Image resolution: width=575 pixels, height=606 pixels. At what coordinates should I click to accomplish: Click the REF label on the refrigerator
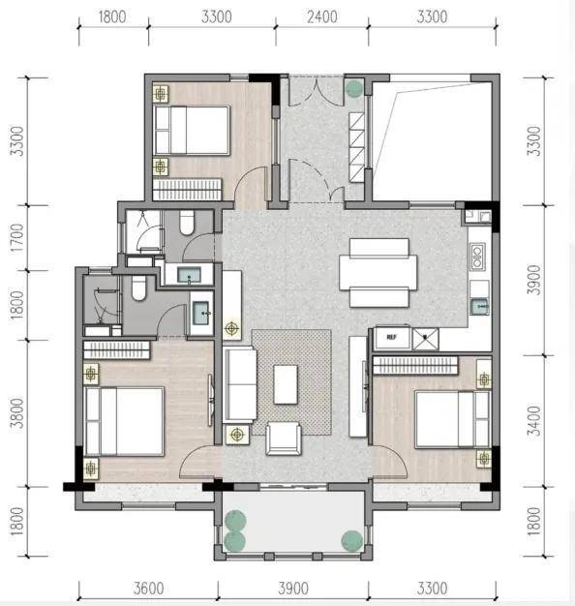pos(391,337)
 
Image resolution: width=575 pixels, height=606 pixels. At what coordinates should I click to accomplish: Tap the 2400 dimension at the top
pos(322,17)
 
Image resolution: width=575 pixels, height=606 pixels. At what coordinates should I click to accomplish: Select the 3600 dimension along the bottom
pos(148,589)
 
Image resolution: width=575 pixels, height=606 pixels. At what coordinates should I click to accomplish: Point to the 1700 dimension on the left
pos(17,238)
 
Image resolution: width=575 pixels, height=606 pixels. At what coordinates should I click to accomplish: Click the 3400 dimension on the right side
pos(534,421)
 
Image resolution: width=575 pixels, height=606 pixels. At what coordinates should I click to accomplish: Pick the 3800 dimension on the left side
pos(17,413)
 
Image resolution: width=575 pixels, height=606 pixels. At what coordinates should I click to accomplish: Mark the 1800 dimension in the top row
pos(112,17)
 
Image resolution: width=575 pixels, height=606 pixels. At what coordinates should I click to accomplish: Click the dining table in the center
pos(378,272)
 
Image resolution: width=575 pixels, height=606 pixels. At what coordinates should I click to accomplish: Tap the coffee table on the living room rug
pos(286,384)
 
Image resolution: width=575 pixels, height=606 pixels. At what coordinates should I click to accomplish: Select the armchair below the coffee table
pos(284,439)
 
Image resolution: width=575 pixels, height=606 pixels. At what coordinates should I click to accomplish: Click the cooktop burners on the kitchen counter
pos(477,257)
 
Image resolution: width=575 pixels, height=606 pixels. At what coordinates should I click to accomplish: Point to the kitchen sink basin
pos(479,307)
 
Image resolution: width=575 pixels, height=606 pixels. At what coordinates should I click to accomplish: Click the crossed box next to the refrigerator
pos(426,339)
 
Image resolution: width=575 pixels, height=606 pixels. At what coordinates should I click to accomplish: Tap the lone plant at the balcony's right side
pos(352,541)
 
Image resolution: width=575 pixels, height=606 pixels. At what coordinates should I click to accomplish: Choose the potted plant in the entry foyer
pos(354,89)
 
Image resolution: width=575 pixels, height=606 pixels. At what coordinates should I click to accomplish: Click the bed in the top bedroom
pos(192,131)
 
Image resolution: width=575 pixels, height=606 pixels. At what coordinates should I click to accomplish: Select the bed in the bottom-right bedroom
pos(453,419)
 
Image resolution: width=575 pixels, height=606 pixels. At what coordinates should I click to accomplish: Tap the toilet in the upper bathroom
pos(187,223)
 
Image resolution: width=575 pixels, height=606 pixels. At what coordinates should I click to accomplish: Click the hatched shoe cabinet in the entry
pos(356,147)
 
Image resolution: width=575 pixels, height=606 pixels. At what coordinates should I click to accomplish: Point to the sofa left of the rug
pos(240,384)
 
